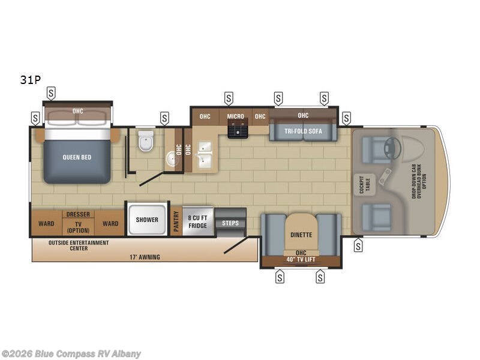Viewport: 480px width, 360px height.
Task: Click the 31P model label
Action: (30, 80)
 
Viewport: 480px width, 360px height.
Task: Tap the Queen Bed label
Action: (77, 157)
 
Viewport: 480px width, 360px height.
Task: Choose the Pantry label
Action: (176, 221)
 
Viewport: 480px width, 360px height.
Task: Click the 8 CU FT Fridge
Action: (197, 221)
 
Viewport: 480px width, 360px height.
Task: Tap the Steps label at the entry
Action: (230, 223)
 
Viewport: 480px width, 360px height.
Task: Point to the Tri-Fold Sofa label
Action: (303, 132)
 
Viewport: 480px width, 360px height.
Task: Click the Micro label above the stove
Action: (235, 116)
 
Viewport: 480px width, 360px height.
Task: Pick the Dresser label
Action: (78, 214)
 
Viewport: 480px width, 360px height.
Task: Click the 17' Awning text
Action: (145, 257)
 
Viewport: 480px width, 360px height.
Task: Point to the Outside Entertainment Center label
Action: (79, 245)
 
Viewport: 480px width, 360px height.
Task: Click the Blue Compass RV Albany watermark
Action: (71, 353)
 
